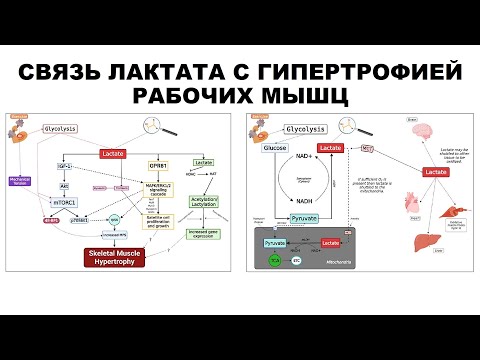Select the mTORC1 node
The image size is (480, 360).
click(x=66, y=201)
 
